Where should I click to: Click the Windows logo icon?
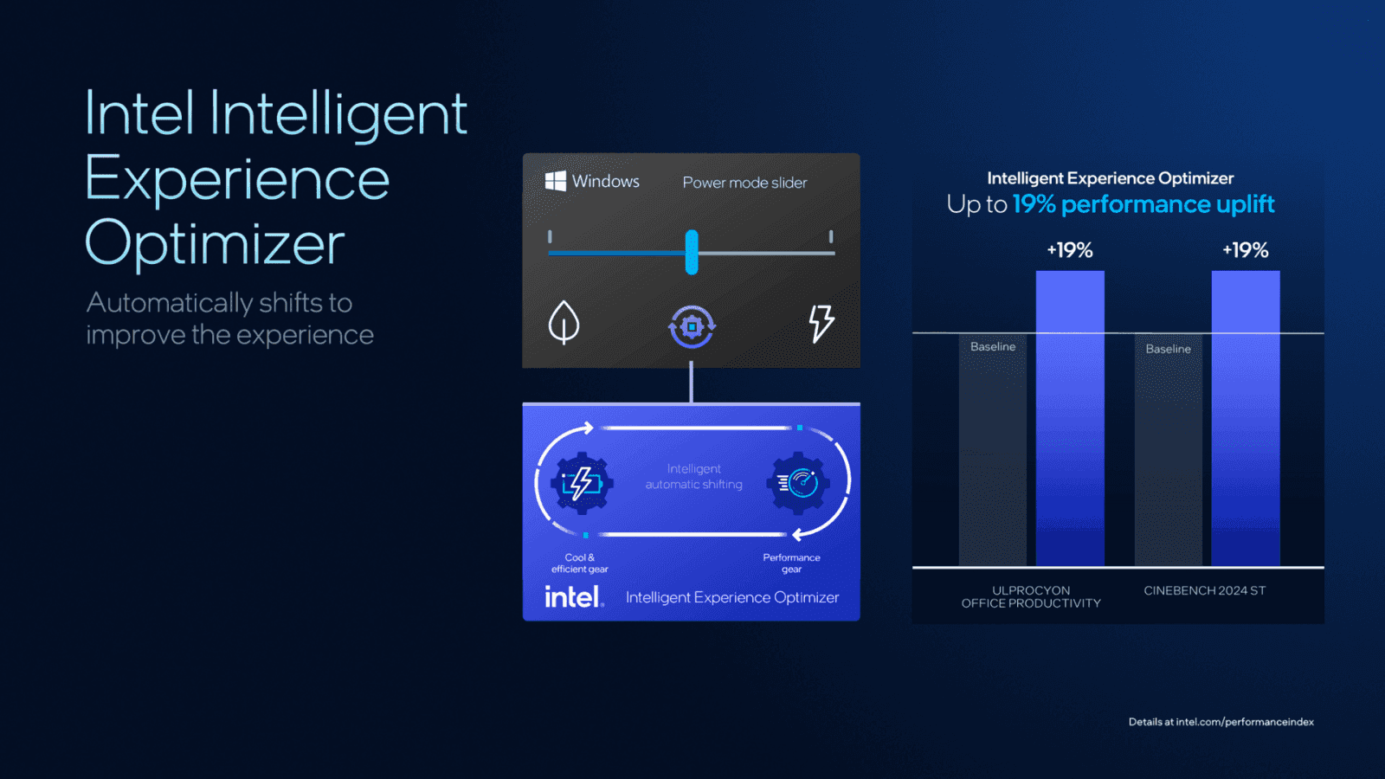pos(556,181)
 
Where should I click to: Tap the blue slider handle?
pos(692,252)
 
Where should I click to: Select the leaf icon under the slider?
pos(564,322)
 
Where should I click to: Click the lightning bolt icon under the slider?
pos(821,323)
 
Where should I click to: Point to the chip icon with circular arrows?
pos(692,326)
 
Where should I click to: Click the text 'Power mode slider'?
pos(744,183)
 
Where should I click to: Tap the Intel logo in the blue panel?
pos(573,597)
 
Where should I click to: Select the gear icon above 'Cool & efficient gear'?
pos(582,482)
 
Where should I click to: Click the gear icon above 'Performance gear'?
pos(799,482)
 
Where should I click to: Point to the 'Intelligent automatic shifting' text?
pos(693,477)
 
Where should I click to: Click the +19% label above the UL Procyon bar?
pos(1070,250)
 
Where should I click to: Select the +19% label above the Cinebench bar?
pos(1246,250)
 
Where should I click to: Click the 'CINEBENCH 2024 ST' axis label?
pos(1204,590)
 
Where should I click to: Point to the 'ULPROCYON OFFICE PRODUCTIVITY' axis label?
pos(1031,596)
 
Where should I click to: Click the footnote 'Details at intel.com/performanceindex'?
pos(1221,722)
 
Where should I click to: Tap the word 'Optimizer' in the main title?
pos(215,243)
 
